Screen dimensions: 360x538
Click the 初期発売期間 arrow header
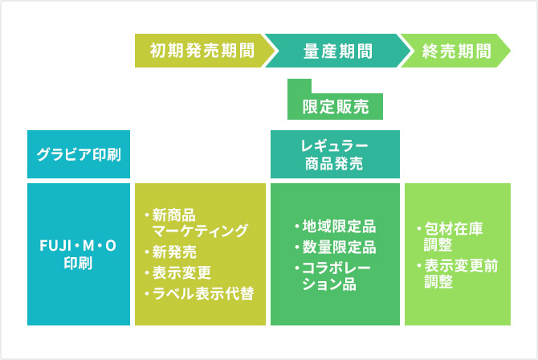202,51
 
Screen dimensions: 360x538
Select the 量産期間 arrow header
337,51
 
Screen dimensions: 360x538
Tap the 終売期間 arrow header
456,51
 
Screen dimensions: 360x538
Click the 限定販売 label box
335,106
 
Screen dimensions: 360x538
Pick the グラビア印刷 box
79,153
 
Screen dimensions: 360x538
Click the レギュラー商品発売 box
335,154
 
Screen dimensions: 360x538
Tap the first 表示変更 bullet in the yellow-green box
182,272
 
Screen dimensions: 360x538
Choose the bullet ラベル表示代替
201,293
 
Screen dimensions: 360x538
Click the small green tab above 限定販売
299,86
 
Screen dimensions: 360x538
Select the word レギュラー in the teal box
335,145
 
